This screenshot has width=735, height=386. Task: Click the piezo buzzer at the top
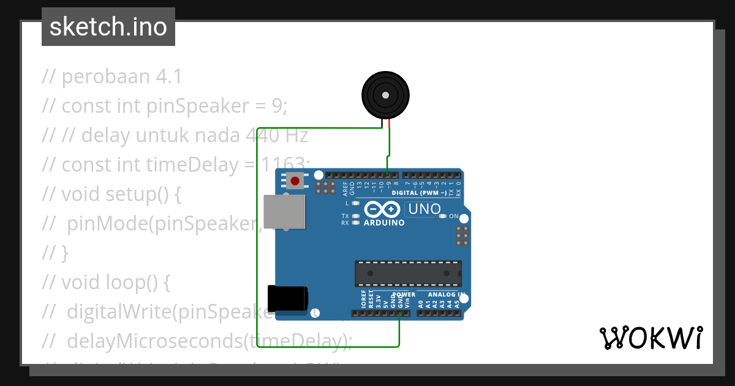coord(385,96)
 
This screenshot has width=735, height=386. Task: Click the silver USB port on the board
coord(284,212)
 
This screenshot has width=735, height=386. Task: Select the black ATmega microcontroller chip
coord(409,273)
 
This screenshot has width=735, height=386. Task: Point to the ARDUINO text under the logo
coord(384,223)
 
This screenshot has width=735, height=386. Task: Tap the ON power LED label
coord(454,216)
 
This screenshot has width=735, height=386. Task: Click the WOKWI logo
coord(651,338)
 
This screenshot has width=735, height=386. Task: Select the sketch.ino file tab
coord(108,27)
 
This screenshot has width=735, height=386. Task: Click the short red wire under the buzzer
coord(390,124)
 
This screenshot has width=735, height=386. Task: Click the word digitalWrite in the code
coord(119,312)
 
